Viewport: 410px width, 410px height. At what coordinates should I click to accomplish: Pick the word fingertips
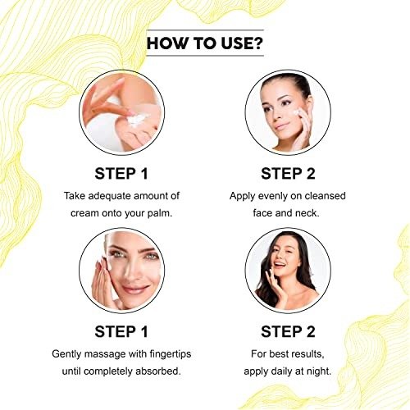[x=171, y=354]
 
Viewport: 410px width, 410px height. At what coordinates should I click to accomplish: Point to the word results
[x=307, y=354]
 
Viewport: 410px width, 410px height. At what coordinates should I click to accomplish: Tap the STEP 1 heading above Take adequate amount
[x=121, y=174]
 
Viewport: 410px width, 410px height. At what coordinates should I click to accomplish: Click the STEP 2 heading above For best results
[x=288, y=332]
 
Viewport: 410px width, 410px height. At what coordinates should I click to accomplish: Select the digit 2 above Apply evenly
[x=311, y=174]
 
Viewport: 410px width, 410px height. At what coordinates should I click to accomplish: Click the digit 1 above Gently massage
[x=144, y=332]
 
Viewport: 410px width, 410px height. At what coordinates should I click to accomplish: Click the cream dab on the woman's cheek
[x=297, y=112]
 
